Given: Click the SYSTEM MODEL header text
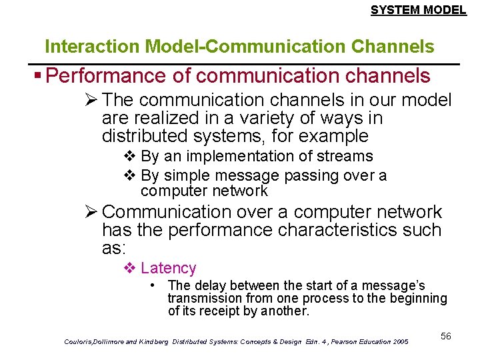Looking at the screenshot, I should coord(418,10).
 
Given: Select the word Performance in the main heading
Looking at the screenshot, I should coord(108,76).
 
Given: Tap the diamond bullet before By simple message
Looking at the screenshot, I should coord(130,175).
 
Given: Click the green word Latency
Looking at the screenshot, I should coord(168,268).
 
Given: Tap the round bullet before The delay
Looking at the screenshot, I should coord(153,285).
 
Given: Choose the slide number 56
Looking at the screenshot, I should coord(445,336).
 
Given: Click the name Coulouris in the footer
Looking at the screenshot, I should coord(81,341).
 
